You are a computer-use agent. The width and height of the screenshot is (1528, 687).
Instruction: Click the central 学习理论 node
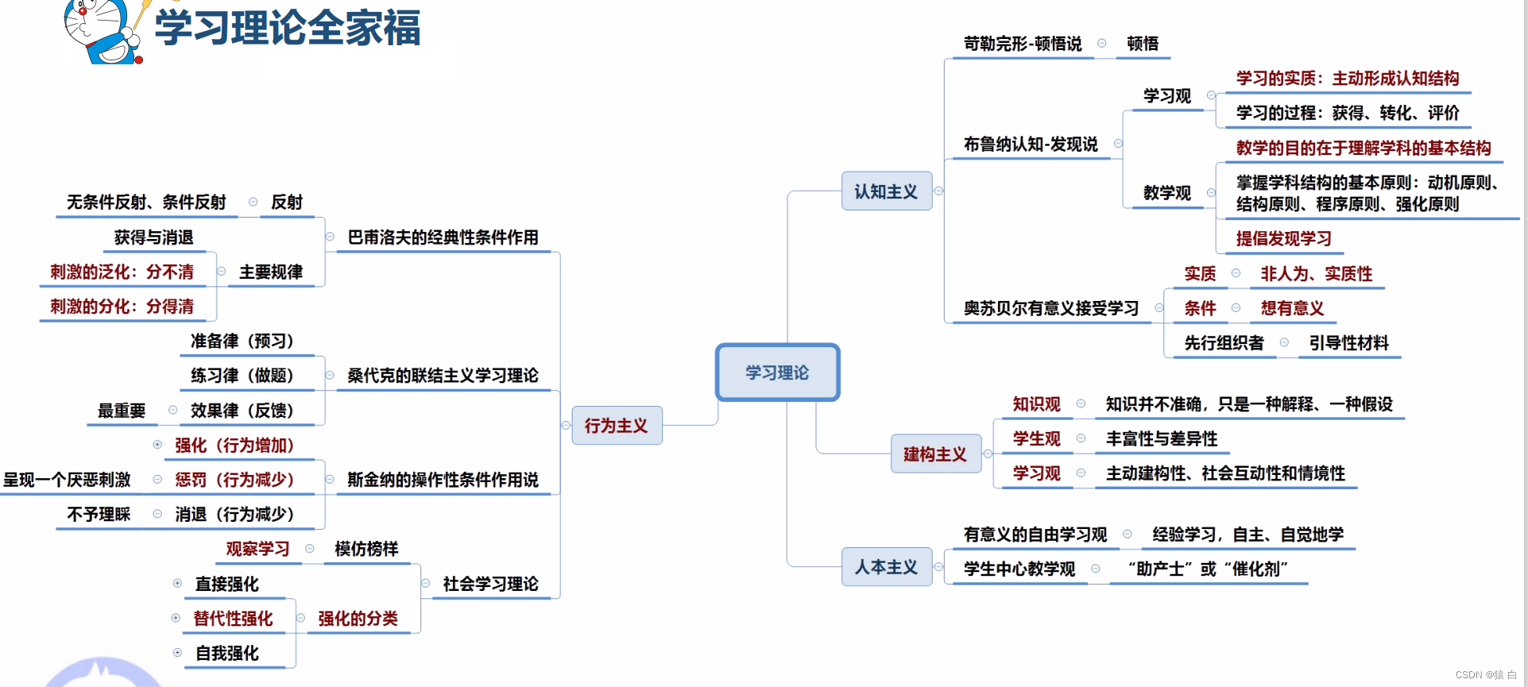pyautogui.click(x=777, y=372)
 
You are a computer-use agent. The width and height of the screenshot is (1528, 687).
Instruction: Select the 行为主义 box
pyautogui.click(x=617, y=426)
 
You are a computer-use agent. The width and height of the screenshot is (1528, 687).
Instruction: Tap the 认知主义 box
pyautogui.click(x=886, y=191)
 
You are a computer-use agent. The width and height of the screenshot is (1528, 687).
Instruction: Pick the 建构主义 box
pyautogui.click(x=935, y=454)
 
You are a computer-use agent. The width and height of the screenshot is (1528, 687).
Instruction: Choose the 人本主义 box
pyautogui.click(x=886, y=567)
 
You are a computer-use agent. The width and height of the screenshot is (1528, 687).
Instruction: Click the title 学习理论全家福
pyautogui.click(x=287, y=28)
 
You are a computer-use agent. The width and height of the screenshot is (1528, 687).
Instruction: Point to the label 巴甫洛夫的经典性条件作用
pyautogui.click(x=443, y=237)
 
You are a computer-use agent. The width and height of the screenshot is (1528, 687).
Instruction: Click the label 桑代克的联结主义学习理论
pyautogui.click(x=443, y=376)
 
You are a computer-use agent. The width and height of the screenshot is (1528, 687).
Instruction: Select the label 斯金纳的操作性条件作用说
pyautogui.click(x=443, y=480)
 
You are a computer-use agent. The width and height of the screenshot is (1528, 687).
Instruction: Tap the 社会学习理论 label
pyautogui.click(x=490, y=584)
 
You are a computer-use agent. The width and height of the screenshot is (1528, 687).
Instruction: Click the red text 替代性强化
pyautogui.click(x=233, y=619)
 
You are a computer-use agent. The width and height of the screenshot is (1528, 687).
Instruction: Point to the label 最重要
pyautogui.click(x=122, y=411)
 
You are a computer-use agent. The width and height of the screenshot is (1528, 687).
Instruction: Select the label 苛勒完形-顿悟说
pyautogui.click(x=1023, y=44)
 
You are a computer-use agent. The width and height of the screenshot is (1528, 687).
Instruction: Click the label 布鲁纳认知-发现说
pyautogui.click(x=1031, y=144)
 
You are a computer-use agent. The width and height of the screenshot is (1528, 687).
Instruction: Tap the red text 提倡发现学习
pyautogui.click(x=1283, y=238)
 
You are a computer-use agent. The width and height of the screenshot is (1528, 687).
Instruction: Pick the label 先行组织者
pyautogui.click(x=1224, y=343)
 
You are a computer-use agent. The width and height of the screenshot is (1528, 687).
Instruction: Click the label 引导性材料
pyautogui.click(x=1348, y=343)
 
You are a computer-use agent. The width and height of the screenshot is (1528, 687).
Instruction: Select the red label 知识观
pyautogui.click(x=1036, y=404)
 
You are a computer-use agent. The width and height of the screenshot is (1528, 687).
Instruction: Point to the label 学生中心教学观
pyautogui.click(x=1019, y=569)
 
